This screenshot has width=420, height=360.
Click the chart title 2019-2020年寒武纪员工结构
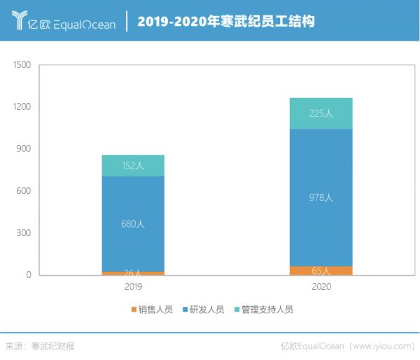(225, 21)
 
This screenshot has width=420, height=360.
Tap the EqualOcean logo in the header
(62, 21)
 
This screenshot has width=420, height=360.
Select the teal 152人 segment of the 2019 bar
(133, 165)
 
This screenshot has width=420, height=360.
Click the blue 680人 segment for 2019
(133, 224)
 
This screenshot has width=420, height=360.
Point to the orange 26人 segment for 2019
(133, 273)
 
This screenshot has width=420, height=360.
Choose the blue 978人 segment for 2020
(321, 198)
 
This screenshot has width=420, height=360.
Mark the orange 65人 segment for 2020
(321, 270)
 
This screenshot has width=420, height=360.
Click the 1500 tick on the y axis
(22, 65)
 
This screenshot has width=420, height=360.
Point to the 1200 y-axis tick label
(22, 107)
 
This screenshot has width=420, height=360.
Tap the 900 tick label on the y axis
(24, 149)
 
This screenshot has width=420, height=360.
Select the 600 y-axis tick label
(24, 191)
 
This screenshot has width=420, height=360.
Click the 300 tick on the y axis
(24, 233)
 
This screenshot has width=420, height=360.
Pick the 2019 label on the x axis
(133, 287)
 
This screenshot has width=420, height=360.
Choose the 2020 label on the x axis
(321, 287)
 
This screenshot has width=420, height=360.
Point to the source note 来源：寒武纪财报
(40, 346)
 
